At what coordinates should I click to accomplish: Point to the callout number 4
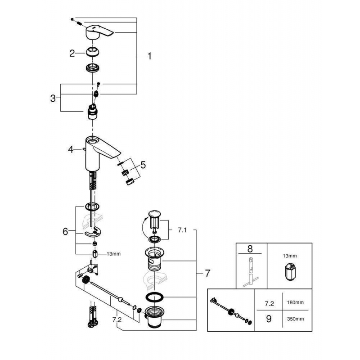point(71,149)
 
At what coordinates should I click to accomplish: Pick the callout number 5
point(143,165)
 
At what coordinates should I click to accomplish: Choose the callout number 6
point(66,231)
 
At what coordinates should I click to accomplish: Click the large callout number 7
point(207,273)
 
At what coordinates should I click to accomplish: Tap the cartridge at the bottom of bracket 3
point(93,112)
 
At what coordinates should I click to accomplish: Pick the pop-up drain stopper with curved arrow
point(154,219)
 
